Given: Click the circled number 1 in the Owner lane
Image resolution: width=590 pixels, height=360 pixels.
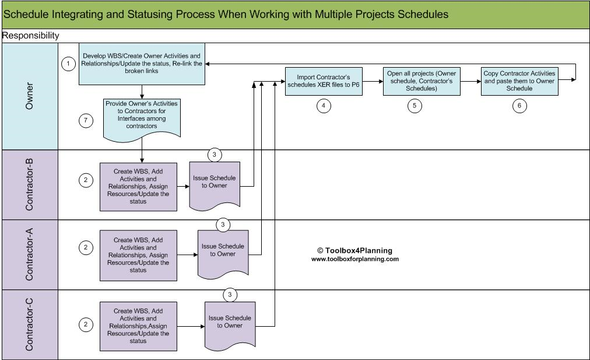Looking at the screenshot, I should (x=68, y=64).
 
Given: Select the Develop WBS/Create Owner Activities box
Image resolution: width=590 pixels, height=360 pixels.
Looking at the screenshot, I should (x=142, y=64).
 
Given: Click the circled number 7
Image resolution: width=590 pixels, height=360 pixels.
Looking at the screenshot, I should (x=86, y=121).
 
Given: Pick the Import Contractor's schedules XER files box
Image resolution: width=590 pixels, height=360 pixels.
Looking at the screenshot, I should (x=324, y=81).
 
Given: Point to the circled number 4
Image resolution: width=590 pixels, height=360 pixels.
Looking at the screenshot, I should (x=324, y=106).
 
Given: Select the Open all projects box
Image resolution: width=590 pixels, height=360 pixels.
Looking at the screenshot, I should (x=422, y=81).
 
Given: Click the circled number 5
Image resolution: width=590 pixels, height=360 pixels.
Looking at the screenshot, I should (x=415, y=106).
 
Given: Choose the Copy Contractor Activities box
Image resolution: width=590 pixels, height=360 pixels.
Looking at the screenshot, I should (x=519, y=81).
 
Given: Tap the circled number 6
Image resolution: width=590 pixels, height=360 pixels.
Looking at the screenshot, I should (x=519, y=106).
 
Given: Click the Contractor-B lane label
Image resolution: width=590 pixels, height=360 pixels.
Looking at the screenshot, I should (x=30, y=184).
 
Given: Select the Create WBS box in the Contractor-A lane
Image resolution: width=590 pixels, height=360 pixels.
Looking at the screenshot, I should (x=138, y=255).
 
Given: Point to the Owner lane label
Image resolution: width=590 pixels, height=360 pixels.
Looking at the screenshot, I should (x=30, y=96).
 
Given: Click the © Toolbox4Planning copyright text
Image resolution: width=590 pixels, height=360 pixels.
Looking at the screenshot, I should (x=354, y=250).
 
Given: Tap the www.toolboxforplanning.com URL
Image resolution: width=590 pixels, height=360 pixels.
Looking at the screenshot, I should (x=354, y=259).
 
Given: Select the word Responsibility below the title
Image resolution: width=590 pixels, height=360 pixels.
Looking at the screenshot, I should (x=31, y=36).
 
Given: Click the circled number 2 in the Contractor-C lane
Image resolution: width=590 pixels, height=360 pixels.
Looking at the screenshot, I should (x=86, y=324).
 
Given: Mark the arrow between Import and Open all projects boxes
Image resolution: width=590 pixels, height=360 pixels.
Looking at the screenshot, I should (x=373, y=81).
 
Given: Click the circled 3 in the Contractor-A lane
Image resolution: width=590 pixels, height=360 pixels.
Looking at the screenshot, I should (x=222, y=225).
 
